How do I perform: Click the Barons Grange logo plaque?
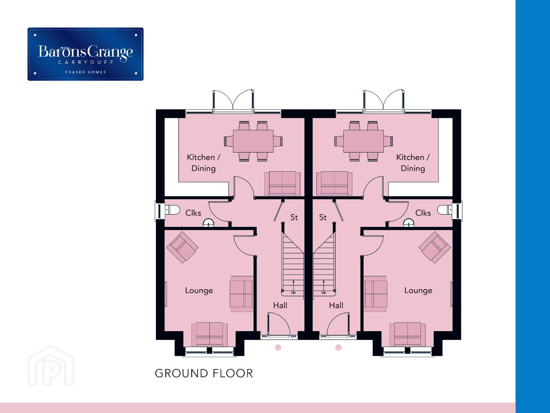coord(86,54)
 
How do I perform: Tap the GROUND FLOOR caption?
coord(204,373)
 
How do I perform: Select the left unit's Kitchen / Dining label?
coord(203,163)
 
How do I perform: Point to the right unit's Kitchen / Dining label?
coord(413,163)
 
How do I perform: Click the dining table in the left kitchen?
coord(253,141)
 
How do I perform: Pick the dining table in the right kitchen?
coord(363,141)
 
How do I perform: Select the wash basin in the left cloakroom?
coord(208,223)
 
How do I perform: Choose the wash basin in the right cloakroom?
coord(409,223)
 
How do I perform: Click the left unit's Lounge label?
coord(199,291)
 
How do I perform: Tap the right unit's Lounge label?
coord(418,291)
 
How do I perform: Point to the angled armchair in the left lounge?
coord(182,247)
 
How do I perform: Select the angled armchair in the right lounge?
coord(435,247)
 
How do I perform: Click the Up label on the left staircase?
coord(293,293)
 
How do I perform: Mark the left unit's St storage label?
coord(294,217)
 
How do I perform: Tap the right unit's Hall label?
coord(336,305)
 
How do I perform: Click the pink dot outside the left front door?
coord(278,347)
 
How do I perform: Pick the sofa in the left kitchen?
coord(282,183)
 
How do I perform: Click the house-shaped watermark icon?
coord(50,366)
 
